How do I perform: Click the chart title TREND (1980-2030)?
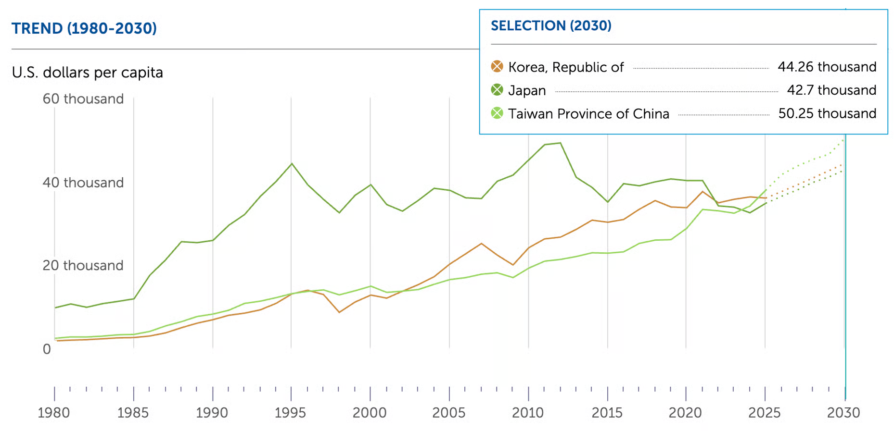84,28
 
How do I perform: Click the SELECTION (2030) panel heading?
551,25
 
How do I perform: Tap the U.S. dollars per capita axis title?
88,73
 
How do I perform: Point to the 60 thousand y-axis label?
83,99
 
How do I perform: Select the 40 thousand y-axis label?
83,183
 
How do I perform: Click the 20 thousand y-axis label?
83,265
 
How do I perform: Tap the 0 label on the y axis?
47,349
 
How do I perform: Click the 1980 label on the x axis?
54,413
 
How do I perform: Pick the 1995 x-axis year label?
291,413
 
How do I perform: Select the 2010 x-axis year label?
528,413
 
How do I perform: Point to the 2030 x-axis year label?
843,413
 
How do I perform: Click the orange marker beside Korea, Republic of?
497,66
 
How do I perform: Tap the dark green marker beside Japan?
497,90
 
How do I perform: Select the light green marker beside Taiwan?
497,113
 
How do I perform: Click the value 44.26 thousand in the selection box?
827,67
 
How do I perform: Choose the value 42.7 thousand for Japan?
831,90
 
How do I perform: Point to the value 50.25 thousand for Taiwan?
827,113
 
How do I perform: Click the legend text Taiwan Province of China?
588,114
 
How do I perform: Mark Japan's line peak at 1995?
292,164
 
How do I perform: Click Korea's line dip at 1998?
339,312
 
